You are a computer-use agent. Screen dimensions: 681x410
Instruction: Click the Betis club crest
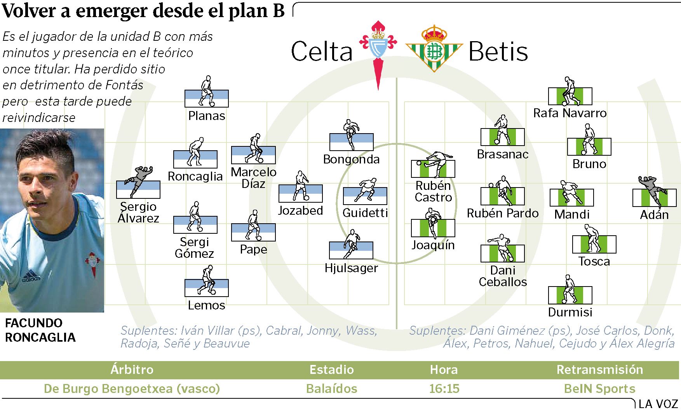(434, 48)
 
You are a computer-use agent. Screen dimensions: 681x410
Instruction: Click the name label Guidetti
(365, 213)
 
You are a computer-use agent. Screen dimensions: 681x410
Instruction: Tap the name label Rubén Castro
(433, 191)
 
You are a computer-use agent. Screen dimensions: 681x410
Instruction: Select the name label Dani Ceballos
(503, 276)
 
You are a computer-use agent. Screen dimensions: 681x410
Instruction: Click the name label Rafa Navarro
(570, 113)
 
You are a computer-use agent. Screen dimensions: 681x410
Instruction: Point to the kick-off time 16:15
(444, 389)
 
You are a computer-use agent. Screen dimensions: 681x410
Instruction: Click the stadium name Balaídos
(331, 389)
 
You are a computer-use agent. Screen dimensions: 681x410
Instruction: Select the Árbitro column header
(132, 369)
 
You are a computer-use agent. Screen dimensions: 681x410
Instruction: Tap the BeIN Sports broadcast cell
(599, 389)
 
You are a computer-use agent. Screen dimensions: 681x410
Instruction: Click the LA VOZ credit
(658, 404)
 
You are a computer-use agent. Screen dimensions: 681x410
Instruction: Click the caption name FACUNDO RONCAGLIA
(40, 330)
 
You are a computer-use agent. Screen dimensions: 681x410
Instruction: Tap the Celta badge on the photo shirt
(92, 263)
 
